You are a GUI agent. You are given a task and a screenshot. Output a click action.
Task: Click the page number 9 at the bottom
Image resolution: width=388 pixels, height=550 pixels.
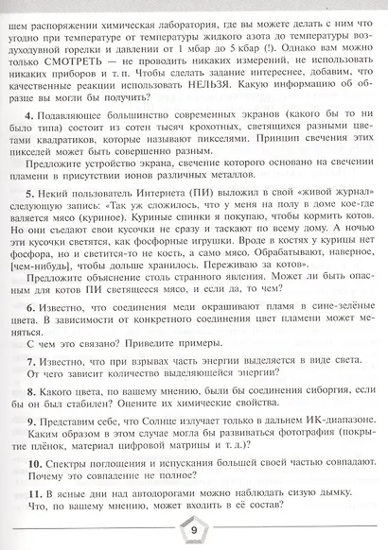coord(195,530)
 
